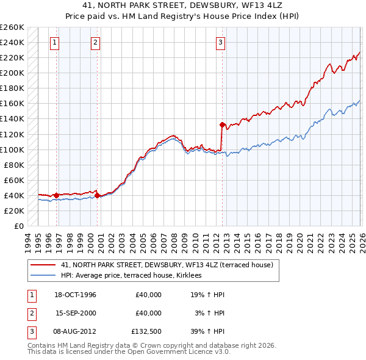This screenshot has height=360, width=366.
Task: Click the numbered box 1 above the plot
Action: point(56,43)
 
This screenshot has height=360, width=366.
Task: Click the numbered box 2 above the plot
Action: point(96,43)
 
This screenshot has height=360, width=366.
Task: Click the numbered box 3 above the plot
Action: point(220,43)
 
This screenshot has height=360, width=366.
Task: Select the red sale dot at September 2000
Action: point(98,195)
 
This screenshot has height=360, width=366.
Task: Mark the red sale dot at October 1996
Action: point(57,195)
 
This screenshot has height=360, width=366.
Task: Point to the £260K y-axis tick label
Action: point(12,27)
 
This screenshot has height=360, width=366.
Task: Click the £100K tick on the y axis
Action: point(12,149)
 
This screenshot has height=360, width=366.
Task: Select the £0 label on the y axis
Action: point(19,226)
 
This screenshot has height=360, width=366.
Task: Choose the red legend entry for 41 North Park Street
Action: point(170,265)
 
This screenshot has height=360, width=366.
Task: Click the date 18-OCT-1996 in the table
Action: point(75,295)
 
